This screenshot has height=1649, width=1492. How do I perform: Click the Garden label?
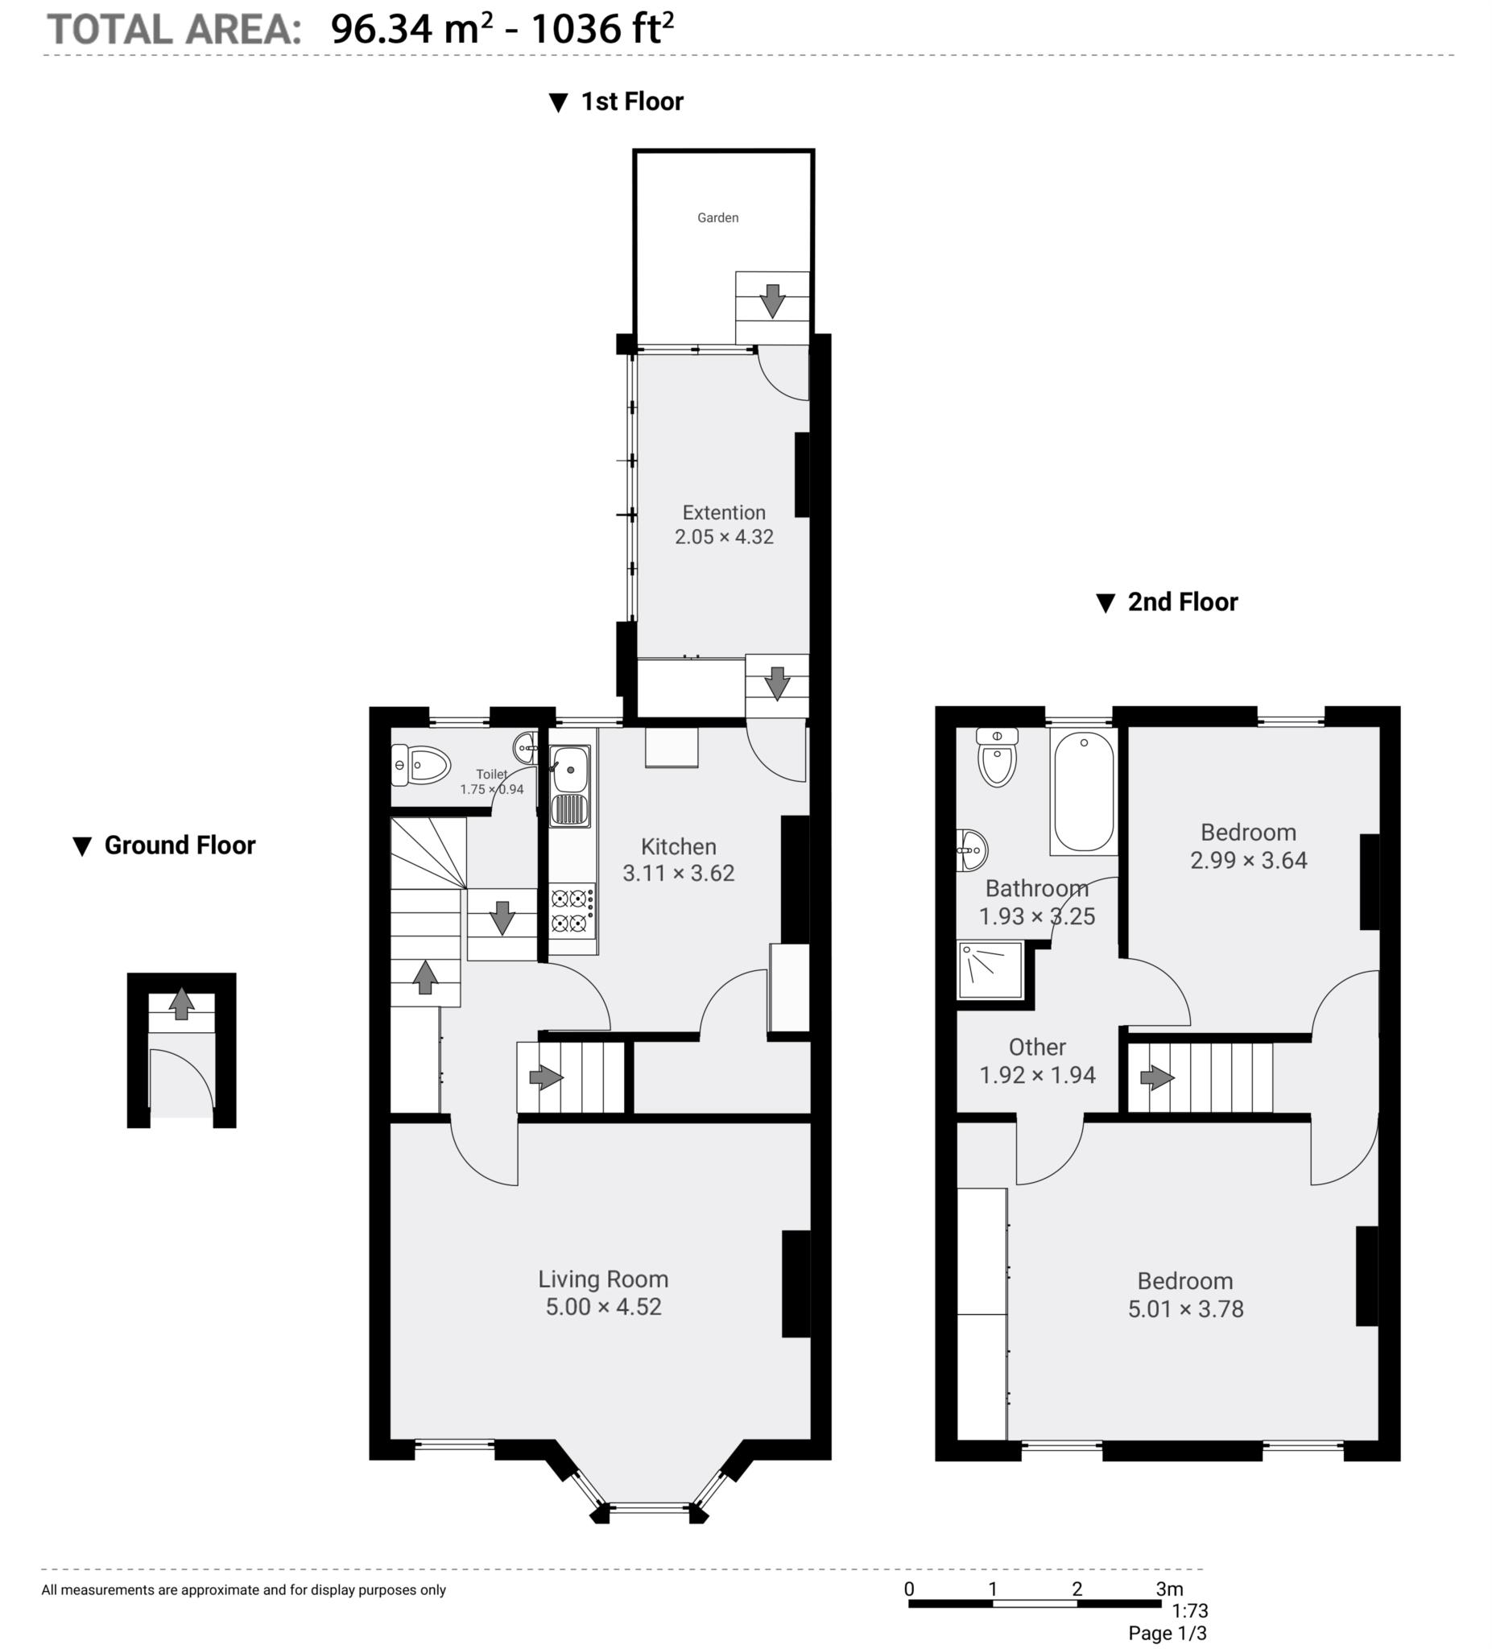tap(717, 217)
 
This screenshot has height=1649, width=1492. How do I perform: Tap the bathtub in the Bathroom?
tap(1083, 791)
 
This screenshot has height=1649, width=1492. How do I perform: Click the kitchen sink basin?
tap(570, 769)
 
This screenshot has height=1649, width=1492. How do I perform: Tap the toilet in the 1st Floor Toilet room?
tap(421, 766)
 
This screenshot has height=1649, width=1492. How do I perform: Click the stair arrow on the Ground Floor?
tap(182, 1003)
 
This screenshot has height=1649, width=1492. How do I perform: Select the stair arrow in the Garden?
tap(771, 301)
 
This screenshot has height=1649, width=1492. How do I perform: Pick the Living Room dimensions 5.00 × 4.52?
tap(603, 1306)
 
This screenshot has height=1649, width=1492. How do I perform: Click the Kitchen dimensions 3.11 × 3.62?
tap(678, 873)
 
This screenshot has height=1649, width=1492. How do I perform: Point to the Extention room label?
tap(724, 513)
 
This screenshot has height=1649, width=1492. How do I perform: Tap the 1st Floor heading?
tap(631, 101)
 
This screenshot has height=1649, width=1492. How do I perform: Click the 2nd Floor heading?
tap(1182, 602)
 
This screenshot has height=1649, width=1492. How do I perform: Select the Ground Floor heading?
tap(179, 845)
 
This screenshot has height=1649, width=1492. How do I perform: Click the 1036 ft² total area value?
tap(602, 30)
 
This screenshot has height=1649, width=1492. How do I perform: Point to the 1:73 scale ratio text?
tap(1189, 1610)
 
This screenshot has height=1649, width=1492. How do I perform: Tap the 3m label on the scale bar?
tap(1169, 1589)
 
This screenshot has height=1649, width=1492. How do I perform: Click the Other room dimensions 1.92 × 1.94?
tap(1037, 1075)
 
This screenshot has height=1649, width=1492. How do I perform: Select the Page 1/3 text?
tap(1167, 1633)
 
